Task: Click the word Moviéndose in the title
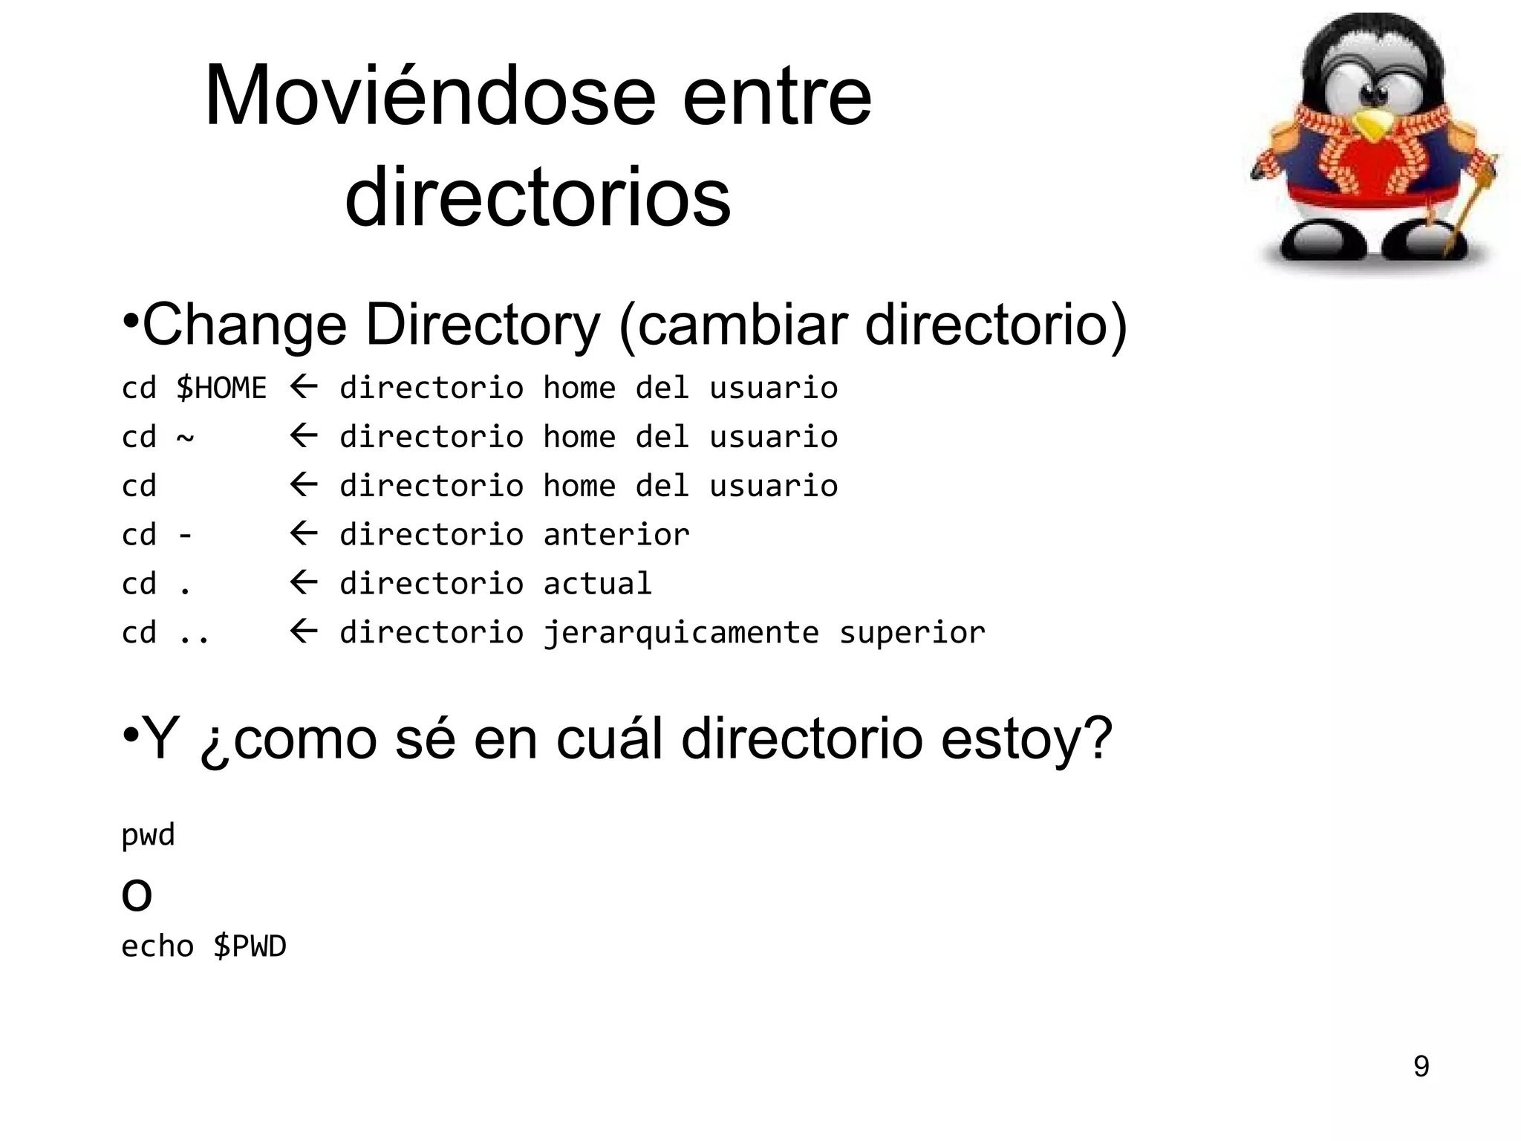pyautogui.click(x=429, y=97)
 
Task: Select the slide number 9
pyautogui.click(x=1421, y=1067)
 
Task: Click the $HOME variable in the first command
pyautogui.click(x=221, y=388)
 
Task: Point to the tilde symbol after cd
pyautogui.click(x=185, y=438)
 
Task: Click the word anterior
pyautogui.click(x=616, y=535)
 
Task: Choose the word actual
pyautogui.click(x=597, y=584)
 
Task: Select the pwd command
pyautogui.click(x=148, y=835)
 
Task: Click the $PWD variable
pyautogui.click(x=249, y=946)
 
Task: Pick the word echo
pyautogui.click(x=157, y=946)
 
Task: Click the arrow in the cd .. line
pyautogui.click(x=303, y=632)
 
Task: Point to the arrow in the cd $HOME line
pyautogui.click(x=303, y=387)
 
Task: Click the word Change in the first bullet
pyautogui.click(x=244, y=325)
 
